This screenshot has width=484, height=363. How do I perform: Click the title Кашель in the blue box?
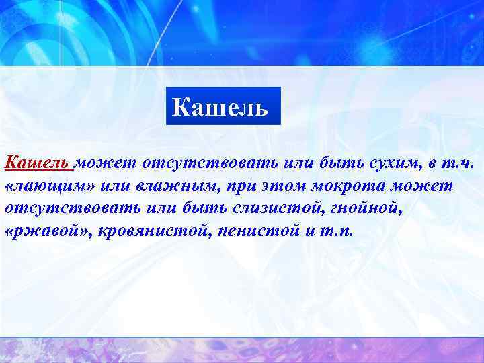(x=220, y=106)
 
